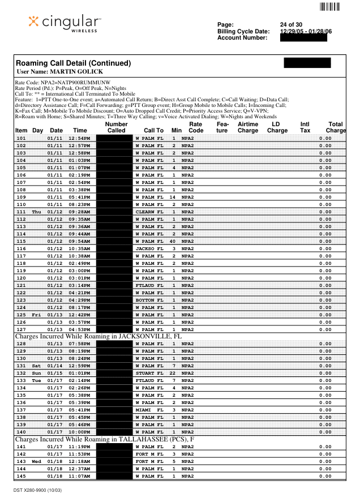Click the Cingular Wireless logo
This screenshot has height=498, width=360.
click(x=65, y=23)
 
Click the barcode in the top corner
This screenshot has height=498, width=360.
click(x=329, y=7)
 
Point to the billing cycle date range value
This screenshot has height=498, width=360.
click(x=306, y=31)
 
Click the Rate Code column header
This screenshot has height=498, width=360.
click(x=196, y=127)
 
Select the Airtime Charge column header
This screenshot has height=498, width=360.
click(x=248, y=127)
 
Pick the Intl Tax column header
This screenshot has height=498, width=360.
click(x=305, y=127)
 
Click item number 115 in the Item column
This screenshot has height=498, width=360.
click(x=21, y=241)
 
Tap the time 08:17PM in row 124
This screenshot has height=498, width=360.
click(x=79, y=307)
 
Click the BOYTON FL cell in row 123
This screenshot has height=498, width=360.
click(x=149, y=300)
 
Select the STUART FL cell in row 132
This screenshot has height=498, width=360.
click(x=149, y=373)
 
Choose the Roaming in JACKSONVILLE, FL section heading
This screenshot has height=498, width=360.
click(x=99, y=337)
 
